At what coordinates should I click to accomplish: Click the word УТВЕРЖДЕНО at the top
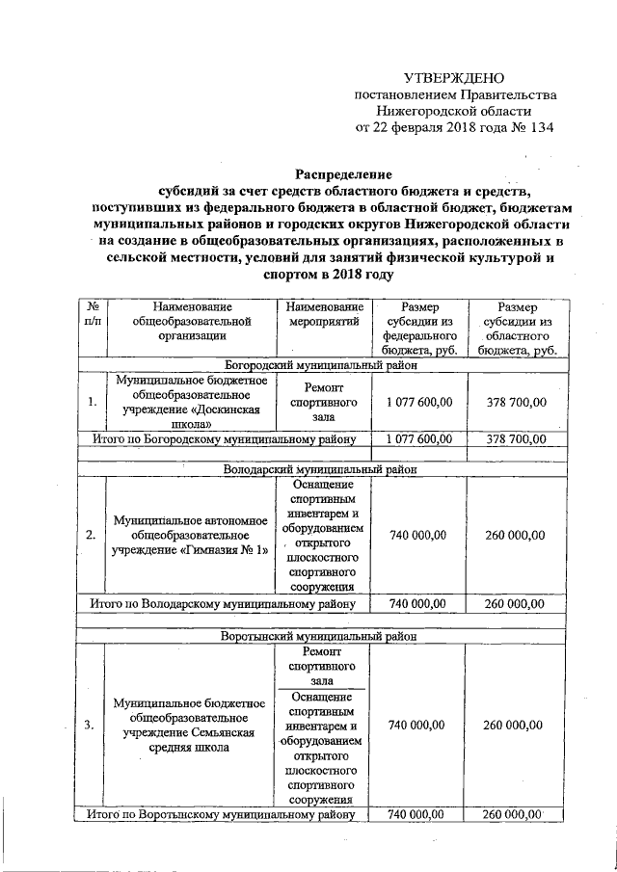coord(452,77)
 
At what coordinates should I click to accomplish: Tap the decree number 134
coord(537,126)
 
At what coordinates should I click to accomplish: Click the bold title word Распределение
coord(329,175)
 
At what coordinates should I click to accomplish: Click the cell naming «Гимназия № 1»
coord(184,536)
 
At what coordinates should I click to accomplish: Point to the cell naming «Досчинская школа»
coord(184,402)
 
